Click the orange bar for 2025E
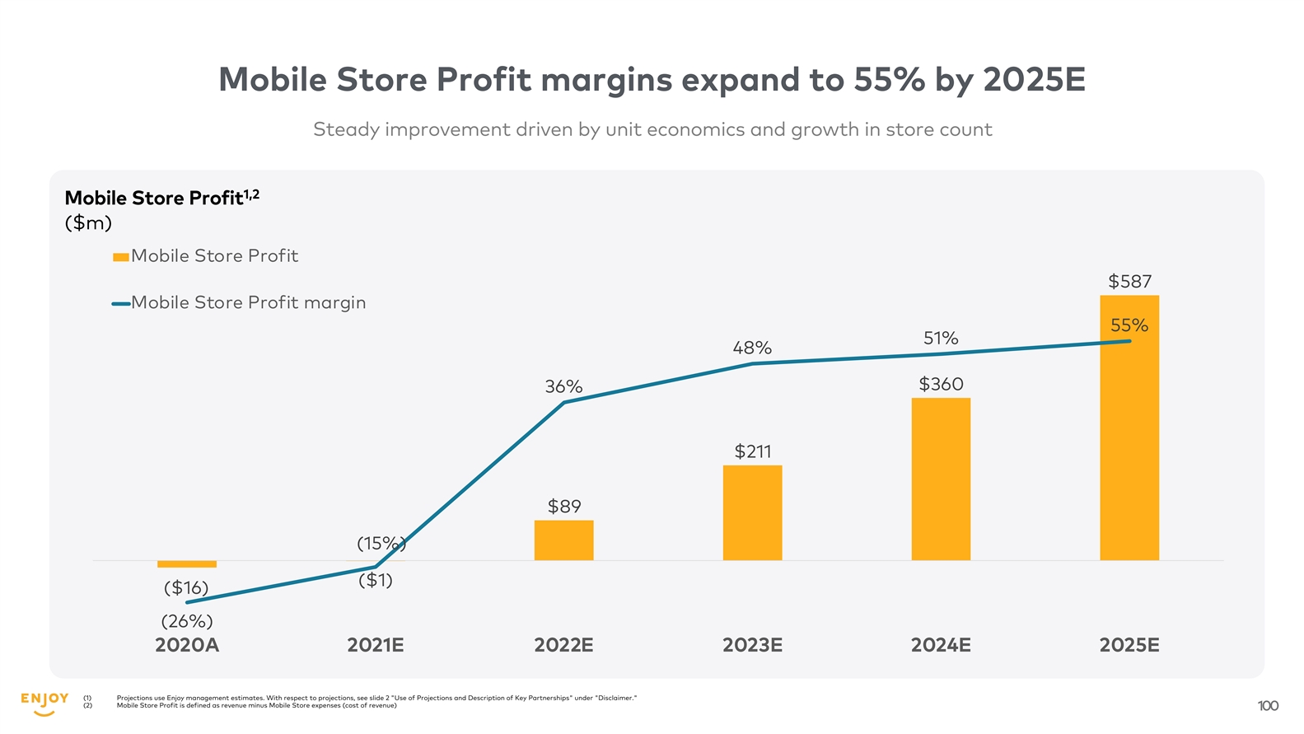click(1129, 428)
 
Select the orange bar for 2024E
click(941, 479)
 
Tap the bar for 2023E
click(752, 513)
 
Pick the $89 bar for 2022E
click(563, 540)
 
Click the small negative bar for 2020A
click(187, 564)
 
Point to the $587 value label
click(1129, 282)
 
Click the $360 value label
click(941, 384)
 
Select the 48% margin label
click(752, 348)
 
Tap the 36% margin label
click(563, 386)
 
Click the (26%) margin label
click(187, 621)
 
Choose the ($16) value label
click(186, 587)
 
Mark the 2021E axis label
click(376, 646)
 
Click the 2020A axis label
click(187, 646)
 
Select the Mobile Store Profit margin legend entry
click(248, 303)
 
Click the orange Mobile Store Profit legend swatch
click(121, 257)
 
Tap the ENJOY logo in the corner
click(44, 703)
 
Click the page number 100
click(1268, 706)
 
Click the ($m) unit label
click(88, 222)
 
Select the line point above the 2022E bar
click(564, 402)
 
